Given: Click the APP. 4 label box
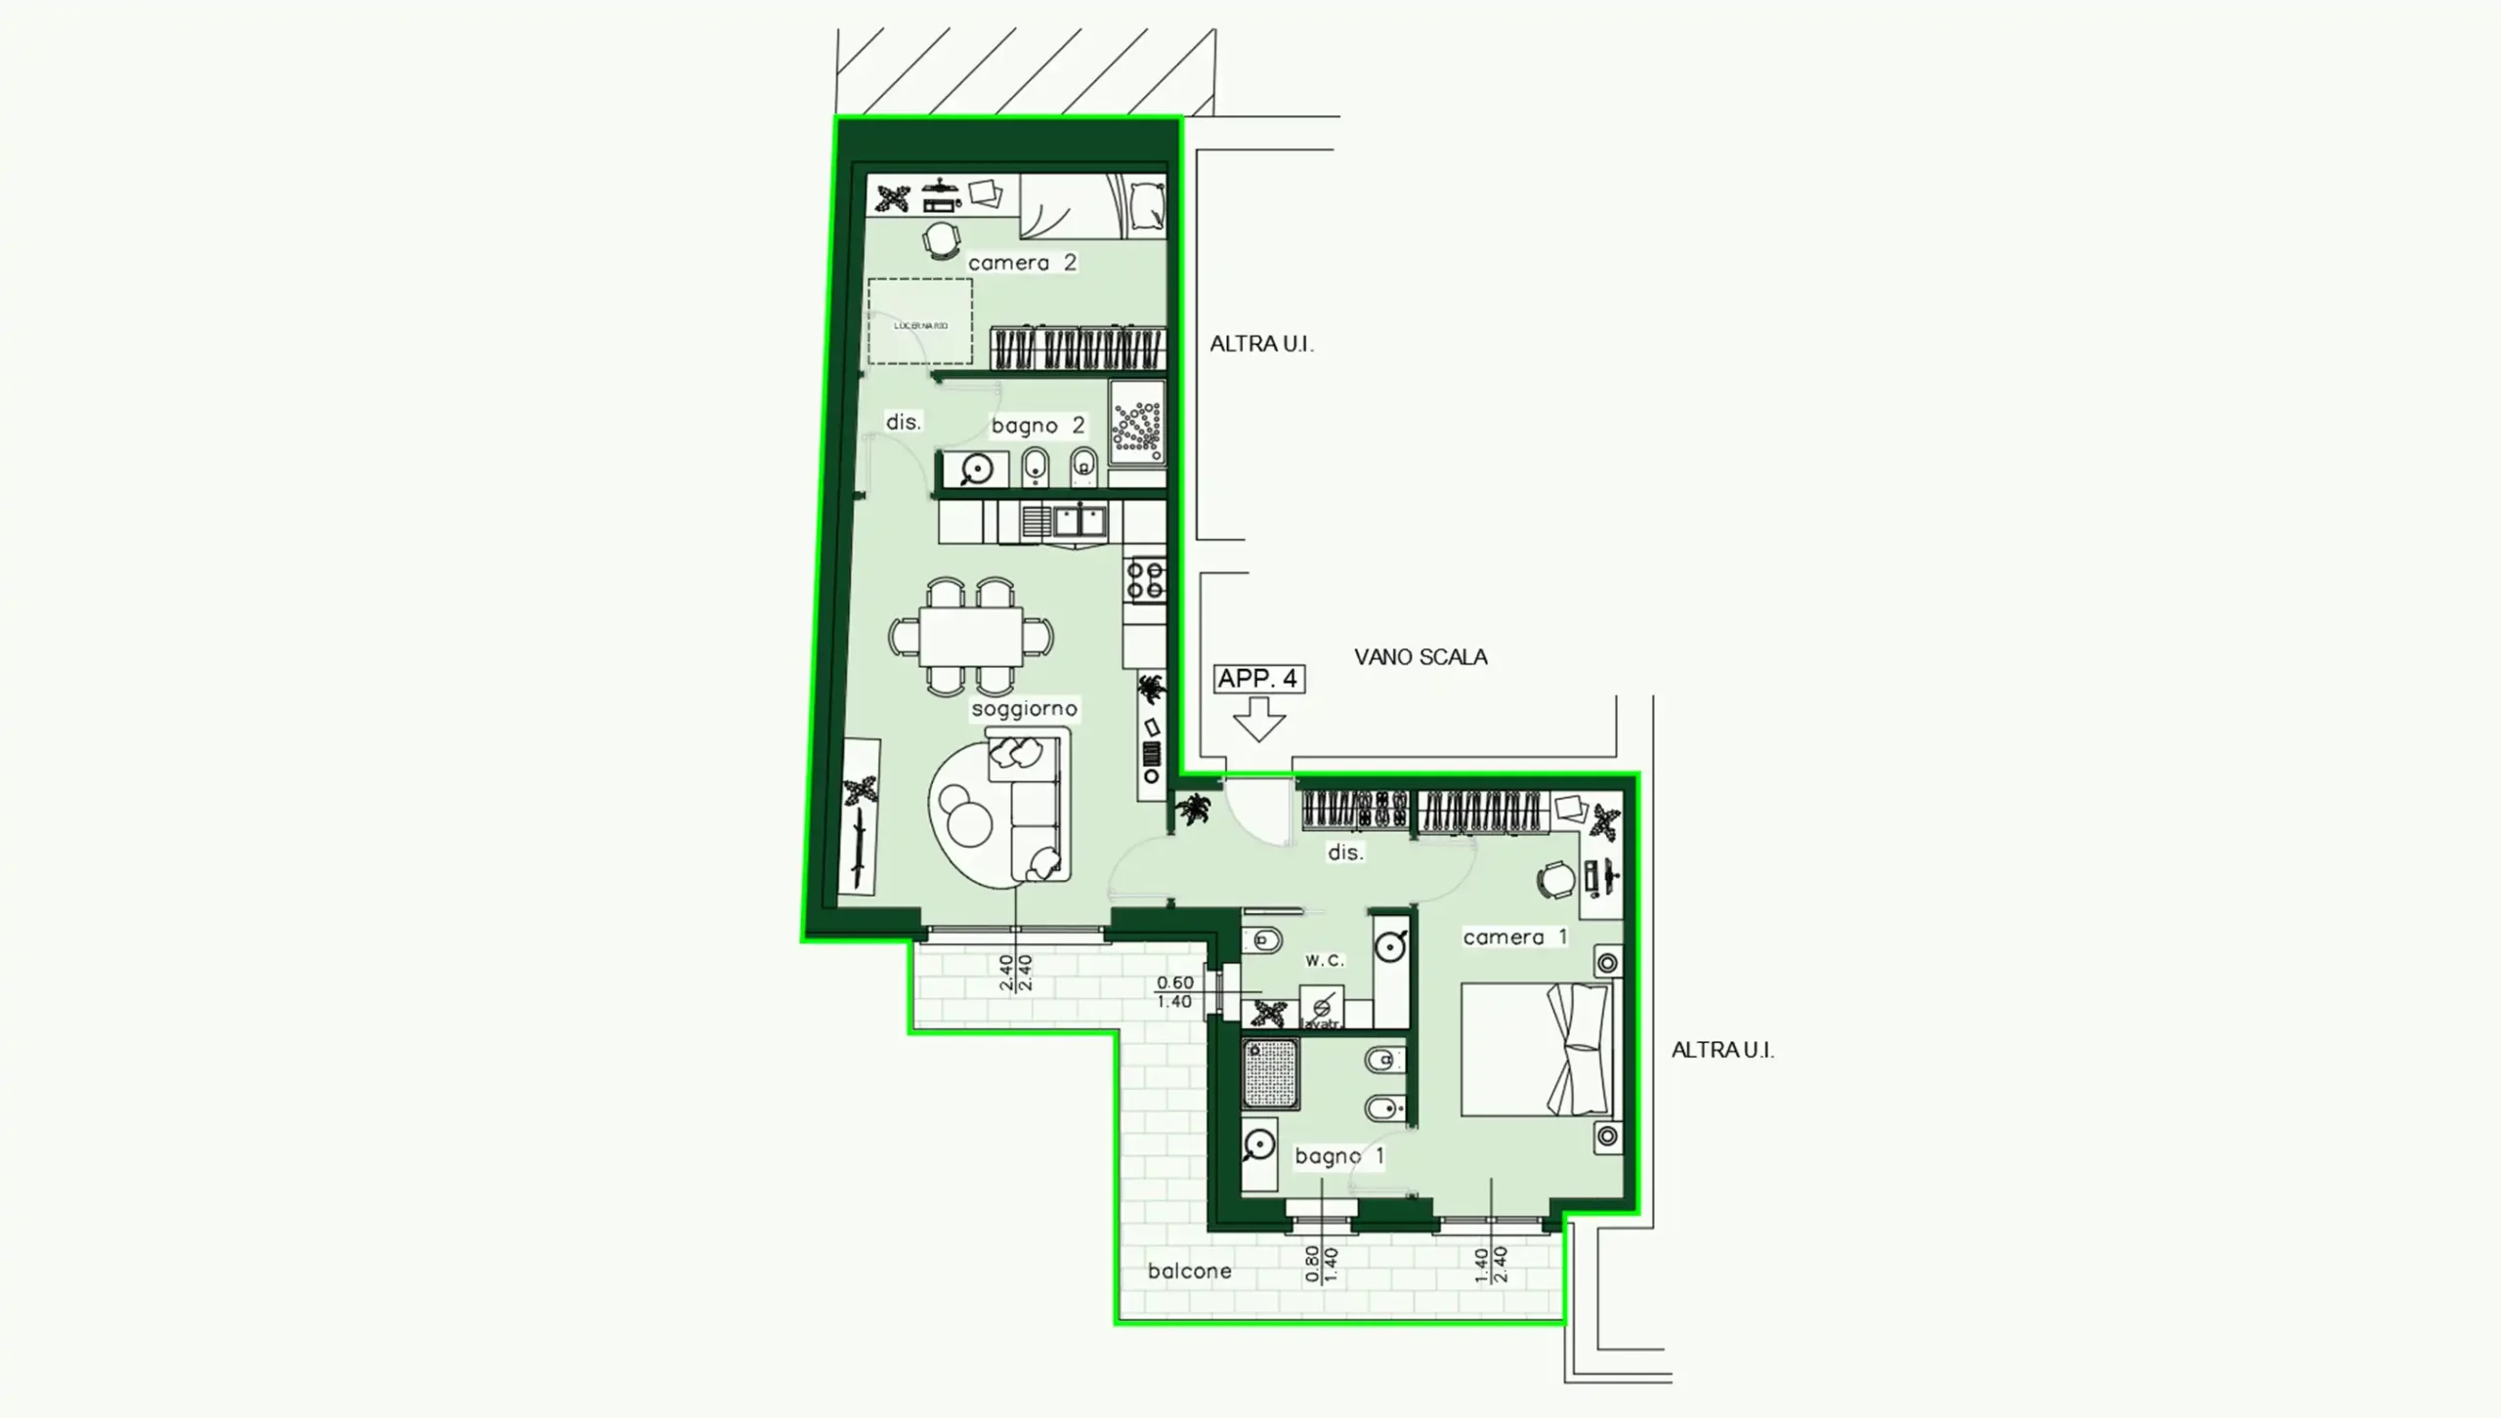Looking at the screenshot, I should click(x=1258, y=679).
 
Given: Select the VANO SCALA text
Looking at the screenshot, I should click(x=1420, y=657).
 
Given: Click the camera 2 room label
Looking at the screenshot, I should click(x=1022, y=263).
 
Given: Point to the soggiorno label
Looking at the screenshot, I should click(x=1024, y=709).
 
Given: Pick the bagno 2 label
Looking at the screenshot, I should click(x=1038, y=426).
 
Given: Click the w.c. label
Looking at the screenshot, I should click(x=1325, y=960).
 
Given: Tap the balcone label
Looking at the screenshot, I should click(x=1189, y=1272).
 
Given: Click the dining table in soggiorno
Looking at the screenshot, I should click(x=971, y=637).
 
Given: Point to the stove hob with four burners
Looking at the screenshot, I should click(x=1145, y=579).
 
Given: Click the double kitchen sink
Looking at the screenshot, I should click(x=1079, y=521).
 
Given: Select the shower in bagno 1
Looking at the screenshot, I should click(x=1271, y=1074).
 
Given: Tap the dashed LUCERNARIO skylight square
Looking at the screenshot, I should click(x=920, y=322).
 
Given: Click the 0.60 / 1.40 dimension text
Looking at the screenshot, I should click(x=1174, y=992).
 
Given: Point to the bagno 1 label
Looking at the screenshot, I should click(x=1339, y=1156).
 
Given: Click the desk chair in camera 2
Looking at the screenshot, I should click(x=942, y=239).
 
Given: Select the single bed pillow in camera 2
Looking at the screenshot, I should click(x=1147, y=206).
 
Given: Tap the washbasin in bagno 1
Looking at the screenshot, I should click(x=1259, y=1147).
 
